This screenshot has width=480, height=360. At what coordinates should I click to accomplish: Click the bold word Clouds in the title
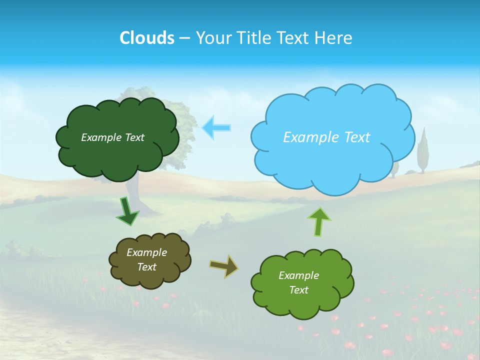[146, 37]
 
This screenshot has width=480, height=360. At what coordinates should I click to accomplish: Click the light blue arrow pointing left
[216, 127]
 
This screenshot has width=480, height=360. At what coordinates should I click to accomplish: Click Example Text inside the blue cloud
[326, 137]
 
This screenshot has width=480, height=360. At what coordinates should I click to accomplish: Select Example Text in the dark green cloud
[112, 137]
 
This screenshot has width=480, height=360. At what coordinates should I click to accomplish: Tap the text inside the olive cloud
[147, 259]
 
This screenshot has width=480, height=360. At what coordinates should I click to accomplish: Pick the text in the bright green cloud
[298, 282]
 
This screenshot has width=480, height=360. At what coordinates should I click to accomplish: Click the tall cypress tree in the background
[423, 150]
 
